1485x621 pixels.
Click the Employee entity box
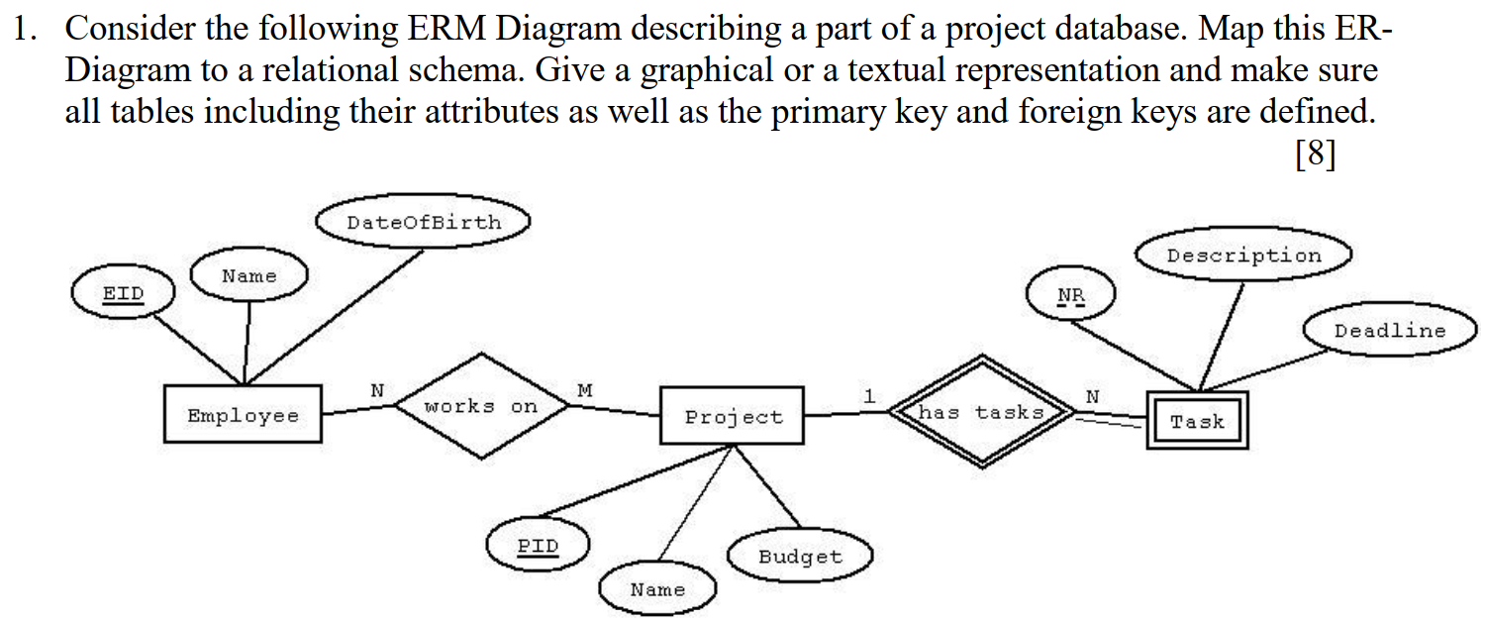(242, 414)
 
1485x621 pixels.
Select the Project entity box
(733, 416)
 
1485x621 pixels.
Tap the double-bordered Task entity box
(1197, 421)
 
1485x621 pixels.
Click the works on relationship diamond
(481, 406)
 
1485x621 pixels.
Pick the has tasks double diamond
(981, 412)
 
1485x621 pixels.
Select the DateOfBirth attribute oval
(424, 223)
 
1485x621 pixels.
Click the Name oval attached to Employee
(249, 276)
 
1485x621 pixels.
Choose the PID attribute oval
(539, 546)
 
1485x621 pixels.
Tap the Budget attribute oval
(800, 557)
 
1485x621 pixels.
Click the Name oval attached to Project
(657, 589)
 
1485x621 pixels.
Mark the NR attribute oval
(1070, 295)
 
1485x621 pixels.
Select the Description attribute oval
(1243, 256)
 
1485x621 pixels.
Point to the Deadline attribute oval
(1390, 331)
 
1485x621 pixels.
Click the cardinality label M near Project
(585, 391)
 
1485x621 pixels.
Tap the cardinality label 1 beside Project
(869, 395)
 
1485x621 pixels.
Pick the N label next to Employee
(376, 391)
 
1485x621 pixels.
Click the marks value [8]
(1315, 155)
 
